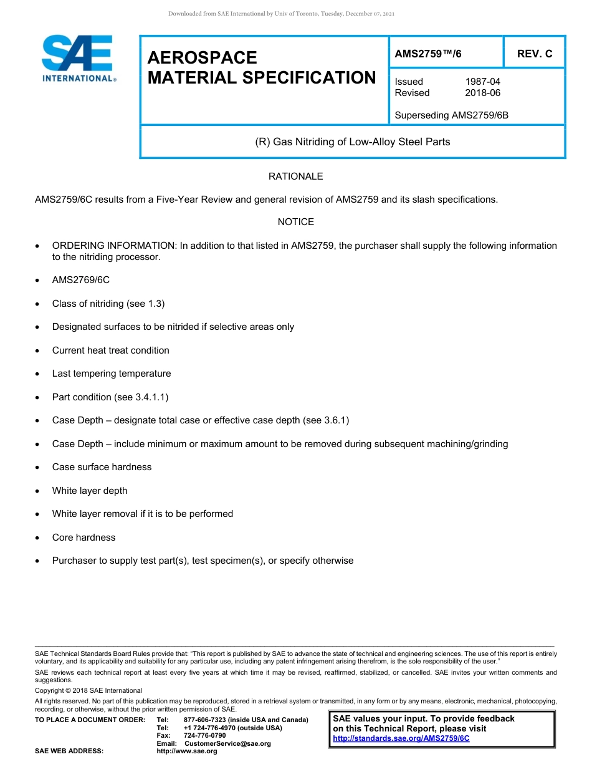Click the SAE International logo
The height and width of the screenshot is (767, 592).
pos(79,59)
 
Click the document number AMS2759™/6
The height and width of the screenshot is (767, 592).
pos(428,54)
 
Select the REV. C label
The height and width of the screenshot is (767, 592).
pos(534,54)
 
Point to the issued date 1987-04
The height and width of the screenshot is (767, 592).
pos(482,82)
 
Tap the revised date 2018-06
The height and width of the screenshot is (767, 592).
pos(482,93)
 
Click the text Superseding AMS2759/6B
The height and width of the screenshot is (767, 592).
pos(452,115)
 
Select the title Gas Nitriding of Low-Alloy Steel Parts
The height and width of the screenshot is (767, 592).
pos(352,142)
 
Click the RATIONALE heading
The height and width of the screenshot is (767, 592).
pos(295,176)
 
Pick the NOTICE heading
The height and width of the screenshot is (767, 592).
pos(295,222)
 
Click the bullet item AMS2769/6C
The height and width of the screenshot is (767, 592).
pos(80,280)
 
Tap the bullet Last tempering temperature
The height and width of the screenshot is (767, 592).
pos(111,374)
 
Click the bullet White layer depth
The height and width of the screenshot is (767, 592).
pos(89,491)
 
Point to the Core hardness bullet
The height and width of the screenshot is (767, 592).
pos(84,538)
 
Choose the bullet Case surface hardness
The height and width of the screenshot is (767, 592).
pos(102,467)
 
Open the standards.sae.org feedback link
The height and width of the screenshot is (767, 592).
pos(401,738)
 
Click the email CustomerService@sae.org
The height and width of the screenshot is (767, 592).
pos(227,743)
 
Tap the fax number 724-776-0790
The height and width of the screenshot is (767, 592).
pos(204,735)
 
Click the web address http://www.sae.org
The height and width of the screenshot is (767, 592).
pos(187,751)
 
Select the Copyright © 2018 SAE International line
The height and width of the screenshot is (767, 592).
pos(88,690)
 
